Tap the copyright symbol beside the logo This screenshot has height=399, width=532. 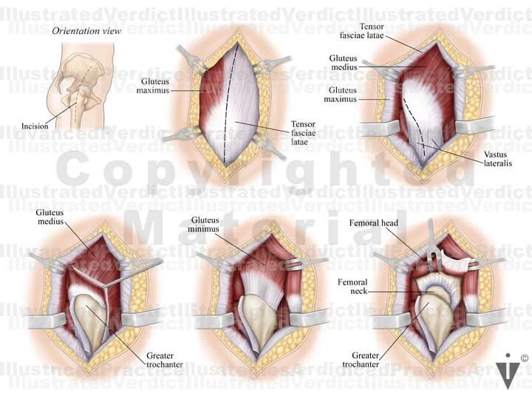tap(525, 358)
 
